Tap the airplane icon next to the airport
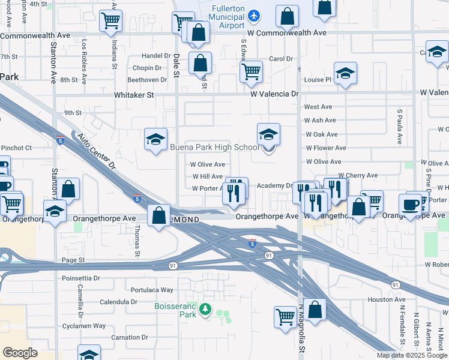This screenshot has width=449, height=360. click(x=255, y=14)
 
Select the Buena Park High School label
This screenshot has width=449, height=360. click(x=214, y=148)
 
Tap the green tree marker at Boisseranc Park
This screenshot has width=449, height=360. click(x=205, y=310)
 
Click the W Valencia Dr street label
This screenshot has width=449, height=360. click(x=274, y=94)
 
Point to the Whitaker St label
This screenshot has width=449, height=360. click(x=134, y=95)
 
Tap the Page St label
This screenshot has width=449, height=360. click(x=73, y=260)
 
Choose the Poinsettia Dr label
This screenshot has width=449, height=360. click(x=81, y=278)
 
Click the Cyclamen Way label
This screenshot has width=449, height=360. click(x=86, y=326)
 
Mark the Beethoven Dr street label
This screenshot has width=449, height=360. click(x=147, y=80)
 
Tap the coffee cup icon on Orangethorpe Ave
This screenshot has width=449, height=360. click(x=411, y=204)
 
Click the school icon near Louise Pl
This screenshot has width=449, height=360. click(x=345, y=73)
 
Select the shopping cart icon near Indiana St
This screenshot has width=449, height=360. click(x=110, y=20)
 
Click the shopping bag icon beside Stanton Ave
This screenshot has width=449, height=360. click(x=70, y=189)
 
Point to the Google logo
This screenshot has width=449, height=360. click(x=20, y=353)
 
